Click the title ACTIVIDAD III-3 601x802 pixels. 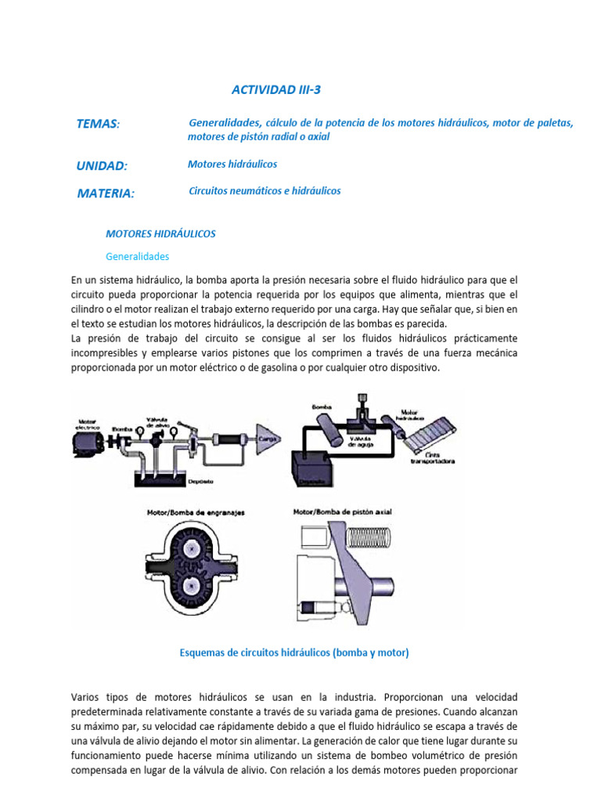(x=276, y=90)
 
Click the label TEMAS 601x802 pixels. (x=98, y=124)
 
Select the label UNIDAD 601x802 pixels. (x=102, y=165)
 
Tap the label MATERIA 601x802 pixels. (x=106, y=193)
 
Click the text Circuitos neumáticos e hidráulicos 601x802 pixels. (x=265, y=191)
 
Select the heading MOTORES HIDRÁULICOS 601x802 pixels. (x=160, y=233)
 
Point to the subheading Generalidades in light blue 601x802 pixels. (x=137, y=256)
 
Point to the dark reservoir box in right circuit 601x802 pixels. (x=315, y=468)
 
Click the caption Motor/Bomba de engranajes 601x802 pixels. (x=196, y=513)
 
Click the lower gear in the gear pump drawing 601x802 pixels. (x=194, y=585)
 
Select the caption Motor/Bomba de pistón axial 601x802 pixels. (x=343, y=512)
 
